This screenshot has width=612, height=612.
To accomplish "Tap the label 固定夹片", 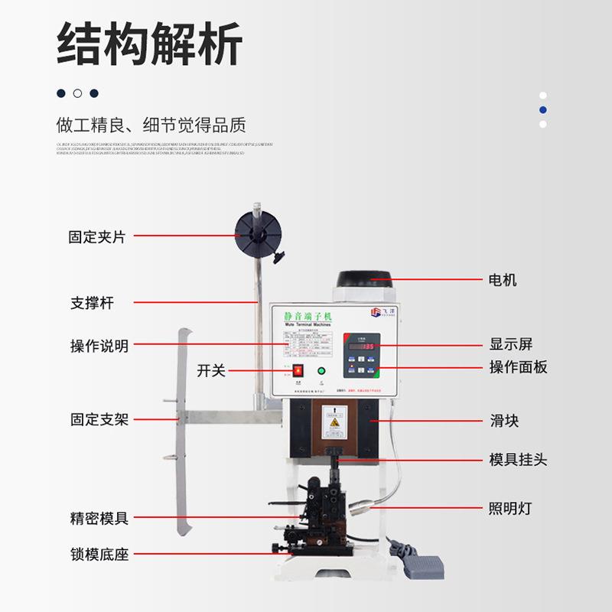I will click(96, 237).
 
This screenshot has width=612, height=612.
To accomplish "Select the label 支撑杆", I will click(92, 303).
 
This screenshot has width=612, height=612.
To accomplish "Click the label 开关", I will click(211, 370).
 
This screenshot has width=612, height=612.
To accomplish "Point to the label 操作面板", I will click(518, 367).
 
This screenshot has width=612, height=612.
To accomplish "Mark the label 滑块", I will click(504, 420).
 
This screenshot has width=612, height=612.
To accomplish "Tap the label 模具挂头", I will click(518, 460).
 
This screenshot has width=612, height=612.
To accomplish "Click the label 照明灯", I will click(510, 508).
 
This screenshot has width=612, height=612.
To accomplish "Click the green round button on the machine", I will click(321, 373).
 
